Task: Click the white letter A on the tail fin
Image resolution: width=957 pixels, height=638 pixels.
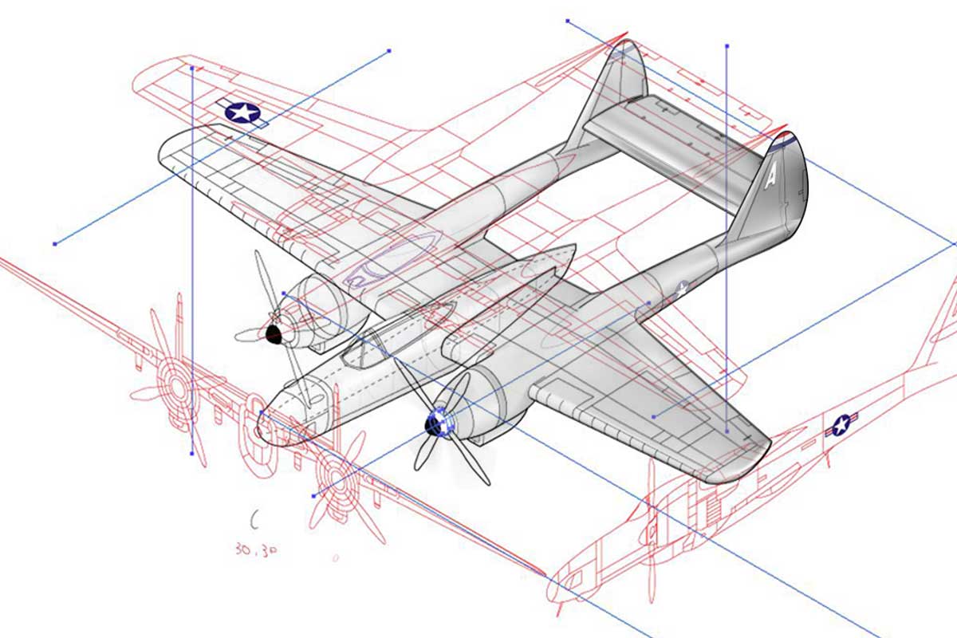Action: click(770, 176)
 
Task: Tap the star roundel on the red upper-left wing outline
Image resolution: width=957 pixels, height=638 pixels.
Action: click(243, 112)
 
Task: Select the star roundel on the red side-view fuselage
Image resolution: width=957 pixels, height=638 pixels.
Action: click(841, 426)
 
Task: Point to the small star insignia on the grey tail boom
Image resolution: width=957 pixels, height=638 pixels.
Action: click(682, 289)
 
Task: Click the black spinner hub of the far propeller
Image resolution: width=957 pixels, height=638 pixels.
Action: click(274, 333)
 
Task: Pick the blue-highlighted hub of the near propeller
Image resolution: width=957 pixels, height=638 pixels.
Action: click(435, 423)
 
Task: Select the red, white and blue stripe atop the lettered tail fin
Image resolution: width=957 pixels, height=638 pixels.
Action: click(785, 140)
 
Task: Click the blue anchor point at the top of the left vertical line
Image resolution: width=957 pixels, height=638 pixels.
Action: click(191, 69)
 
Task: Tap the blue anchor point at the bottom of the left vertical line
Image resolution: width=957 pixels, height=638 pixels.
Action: click(191, 453)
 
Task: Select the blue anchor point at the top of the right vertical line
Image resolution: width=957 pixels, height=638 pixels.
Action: click(727, 46)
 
